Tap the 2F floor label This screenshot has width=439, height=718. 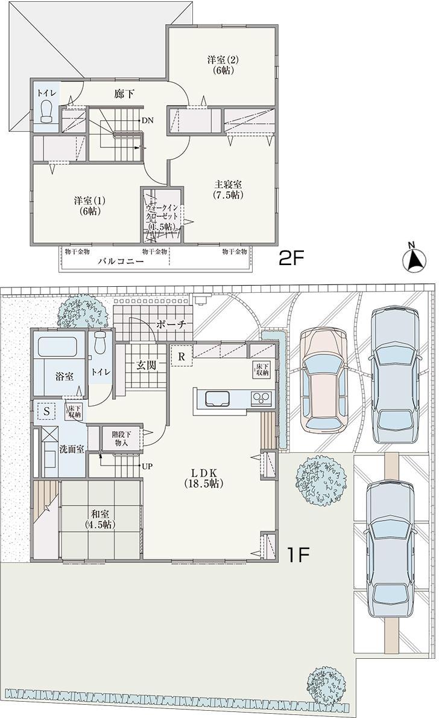(291, 258)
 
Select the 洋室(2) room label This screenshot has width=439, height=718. (223, 65)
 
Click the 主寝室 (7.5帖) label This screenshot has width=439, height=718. (227, 190)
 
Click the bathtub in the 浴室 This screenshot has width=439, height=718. (57, 348)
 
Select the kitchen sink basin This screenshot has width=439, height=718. (217, 399)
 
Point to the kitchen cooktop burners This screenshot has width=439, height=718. (261, 399)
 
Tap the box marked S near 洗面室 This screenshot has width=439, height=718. (46, 410)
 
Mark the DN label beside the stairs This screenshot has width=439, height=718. (148, 120)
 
